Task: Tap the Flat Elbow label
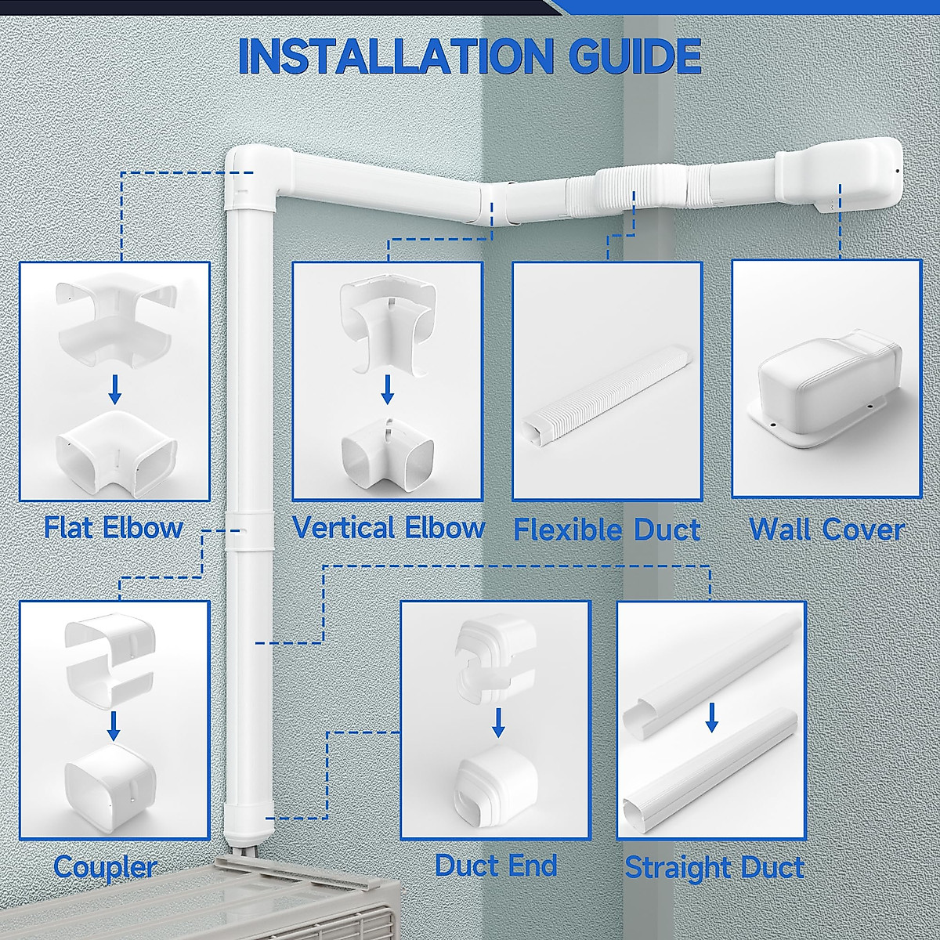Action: (x=114, y=527)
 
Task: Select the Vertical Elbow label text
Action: (x=389, y=527)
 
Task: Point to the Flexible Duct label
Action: (x=606, y=530)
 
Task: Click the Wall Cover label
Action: (x=826, y=530)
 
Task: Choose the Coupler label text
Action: (x=105, y=867)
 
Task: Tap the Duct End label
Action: (x=496, y=866)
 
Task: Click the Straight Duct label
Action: (x=714, y=868)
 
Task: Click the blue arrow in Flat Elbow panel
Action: (x=114, y=389)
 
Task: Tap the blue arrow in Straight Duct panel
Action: (x=711, y=716)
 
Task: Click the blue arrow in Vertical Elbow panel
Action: (x=387, y=389)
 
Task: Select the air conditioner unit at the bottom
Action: (x=305, y=909)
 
